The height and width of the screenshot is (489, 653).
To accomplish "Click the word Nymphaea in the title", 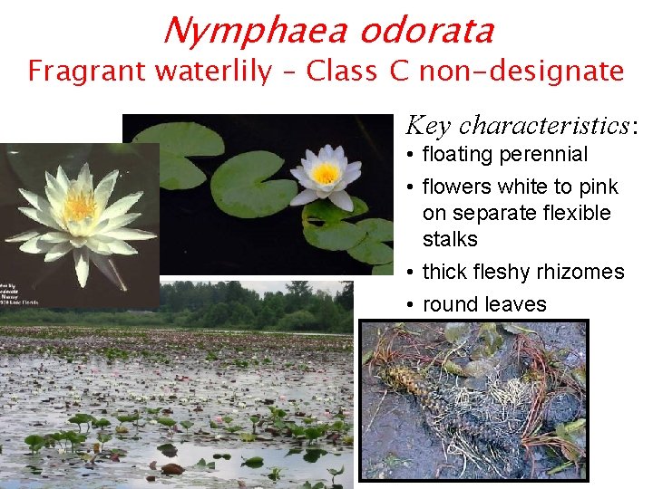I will click(254, 31).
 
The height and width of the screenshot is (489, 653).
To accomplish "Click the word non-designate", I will click(521, 71).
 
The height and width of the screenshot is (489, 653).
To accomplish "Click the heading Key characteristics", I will click(521, 125).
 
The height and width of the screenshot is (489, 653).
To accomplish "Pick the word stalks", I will click(450, 240).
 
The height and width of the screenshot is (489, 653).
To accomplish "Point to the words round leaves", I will click(484, 305).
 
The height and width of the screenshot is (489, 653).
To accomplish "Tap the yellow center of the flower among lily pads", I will click(326, 172).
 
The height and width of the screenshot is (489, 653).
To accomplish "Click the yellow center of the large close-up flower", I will click(80, 206).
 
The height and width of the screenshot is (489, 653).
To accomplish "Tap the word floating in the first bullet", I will click(459, 155).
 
